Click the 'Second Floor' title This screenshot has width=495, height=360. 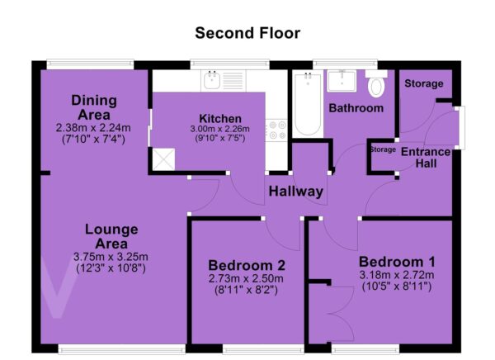(x=247, y=33)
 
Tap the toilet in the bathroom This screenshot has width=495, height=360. (x=376, y=83)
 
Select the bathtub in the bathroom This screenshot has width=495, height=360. (x=308, y=104)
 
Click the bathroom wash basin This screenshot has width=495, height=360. (x=342, y=81)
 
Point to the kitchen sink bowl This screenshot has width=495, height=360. (x=212, y=80)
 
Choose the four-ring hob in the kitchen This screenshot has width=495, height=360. (x=276, y=130)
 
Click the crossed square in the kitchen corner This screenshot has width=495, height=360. (x=163, y=159)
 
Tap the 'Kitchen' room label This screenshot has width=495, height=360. (x=220, y=119)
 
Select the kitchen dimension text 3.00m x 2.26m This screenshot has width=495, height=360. (x=220, y=129)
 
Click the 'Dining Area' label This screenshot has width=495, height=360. (x=94, y=107)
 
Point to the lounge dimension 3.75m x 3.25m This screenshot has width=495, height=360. (x=111, y=256)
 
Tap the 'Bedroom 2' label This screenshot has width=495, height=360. (x=247, y=265)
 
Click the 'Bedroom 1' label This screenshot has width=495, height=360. (x=397, y=262)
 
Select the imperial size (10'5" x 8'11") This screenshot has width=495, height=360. (x=397, y=287)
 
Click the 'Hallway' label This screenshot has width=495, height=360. (x=296, y=192)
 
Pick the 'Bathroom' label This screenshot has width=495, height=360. (x=356, y=108)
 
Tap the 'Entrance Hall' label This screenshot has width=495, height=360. (x=426, y=158)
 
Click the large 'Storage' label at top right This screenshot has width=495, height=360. (x=424, y=83)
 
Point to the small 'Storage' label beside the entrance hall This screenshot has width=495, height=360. (x=383, y=149)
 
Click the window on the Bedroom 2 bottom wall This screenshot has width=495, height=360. (x=263, y=349)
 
